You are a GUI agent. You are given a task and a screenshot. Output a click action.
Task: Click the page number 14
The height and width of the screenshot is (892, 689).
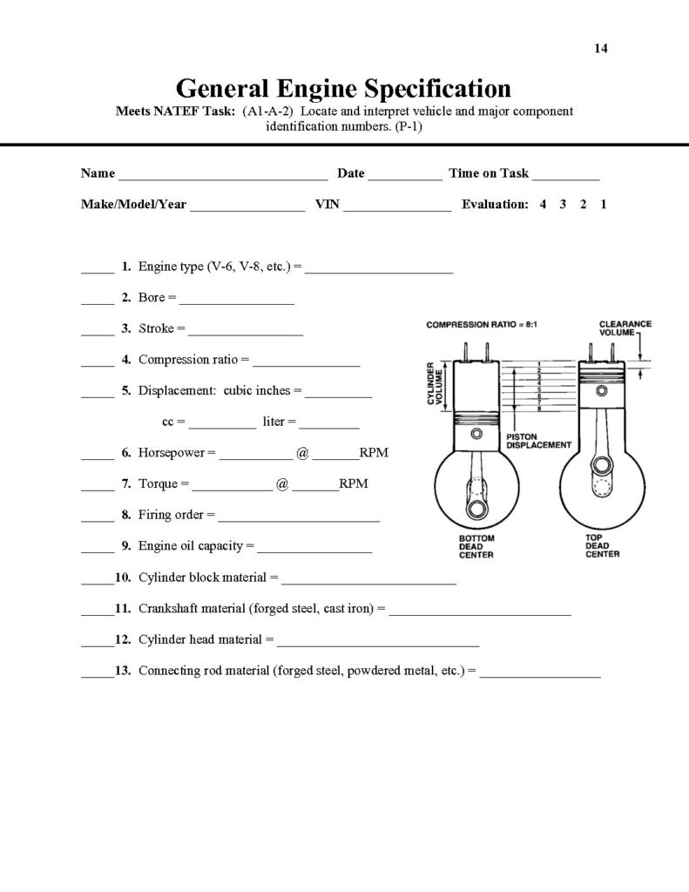click(600, 48)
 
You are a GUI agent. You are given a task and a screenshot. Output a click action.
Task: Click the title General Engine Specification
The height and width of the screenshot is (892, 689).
click(343, 88)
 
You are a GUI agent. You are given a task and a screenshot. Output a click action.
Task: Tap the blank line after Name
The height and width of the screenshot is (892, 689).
click(223, 177)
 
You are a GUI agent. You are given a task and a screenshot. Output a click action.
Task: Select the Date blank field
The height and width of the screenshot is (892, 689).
click(405, 177)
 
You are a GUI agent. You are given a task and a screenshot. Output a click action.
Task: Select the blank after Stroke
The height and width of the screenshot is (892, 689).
click(246, 333)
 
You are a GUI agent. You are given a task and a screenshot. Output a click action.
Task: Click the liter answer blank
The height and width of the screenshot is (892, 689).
click(329, 426)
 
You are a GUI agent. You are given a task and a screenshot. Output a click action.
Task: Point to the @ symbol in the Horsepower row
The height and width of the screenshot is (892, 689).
click(302, 453)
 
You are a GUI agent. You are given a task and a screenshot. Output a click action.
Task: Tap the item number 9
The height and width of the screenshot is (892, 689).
click(126, 546)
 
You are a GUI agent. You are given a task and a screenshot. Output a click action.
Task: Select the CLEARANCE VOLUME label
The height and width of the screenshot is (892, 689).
click(625, 328)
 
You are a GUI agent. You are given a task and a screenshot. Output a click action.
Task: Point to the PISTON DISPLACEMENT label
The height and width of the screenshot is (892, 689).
click(538, 440)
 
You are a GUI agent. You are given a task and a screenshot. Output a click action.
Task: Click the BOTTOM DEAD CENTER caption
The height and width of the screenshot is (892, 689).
click(476, 546)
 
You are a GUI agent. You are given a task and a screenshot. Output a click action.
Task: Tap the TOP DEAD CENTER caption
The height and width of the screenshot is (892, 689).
click(602, 546)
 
